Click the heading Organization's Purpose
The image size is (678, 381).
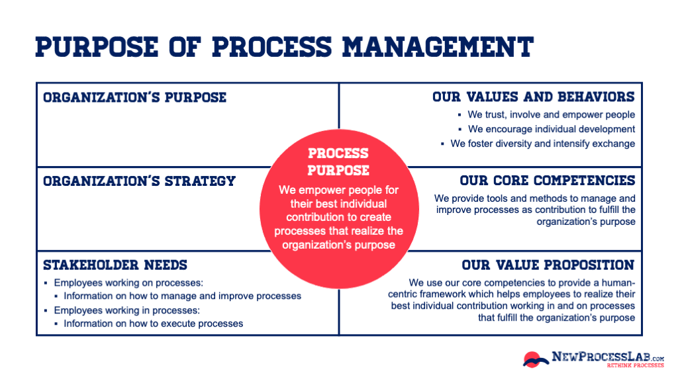click(134, 97)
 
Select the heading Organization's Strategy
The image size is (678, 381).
click(139, 181)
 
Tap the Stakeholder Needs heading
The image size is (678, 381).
click(115, 265)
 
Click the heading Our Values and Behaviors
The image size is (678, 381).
click(533, 97)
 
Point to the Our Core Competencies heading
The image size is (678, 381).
click(547, 181)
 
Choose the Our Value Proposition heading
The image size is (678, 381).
click(548, 265)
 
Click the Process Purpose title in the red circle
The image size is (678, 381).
click(338, 161)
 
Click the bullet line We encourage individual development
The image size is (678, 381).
click(551, 129)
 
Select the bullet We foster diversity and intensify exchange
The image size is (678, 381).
click(542, 144)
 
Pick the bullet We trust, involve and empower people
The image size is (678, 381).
click(551, 115)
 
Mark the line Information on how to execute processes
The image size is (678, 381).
click(153, 323)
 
